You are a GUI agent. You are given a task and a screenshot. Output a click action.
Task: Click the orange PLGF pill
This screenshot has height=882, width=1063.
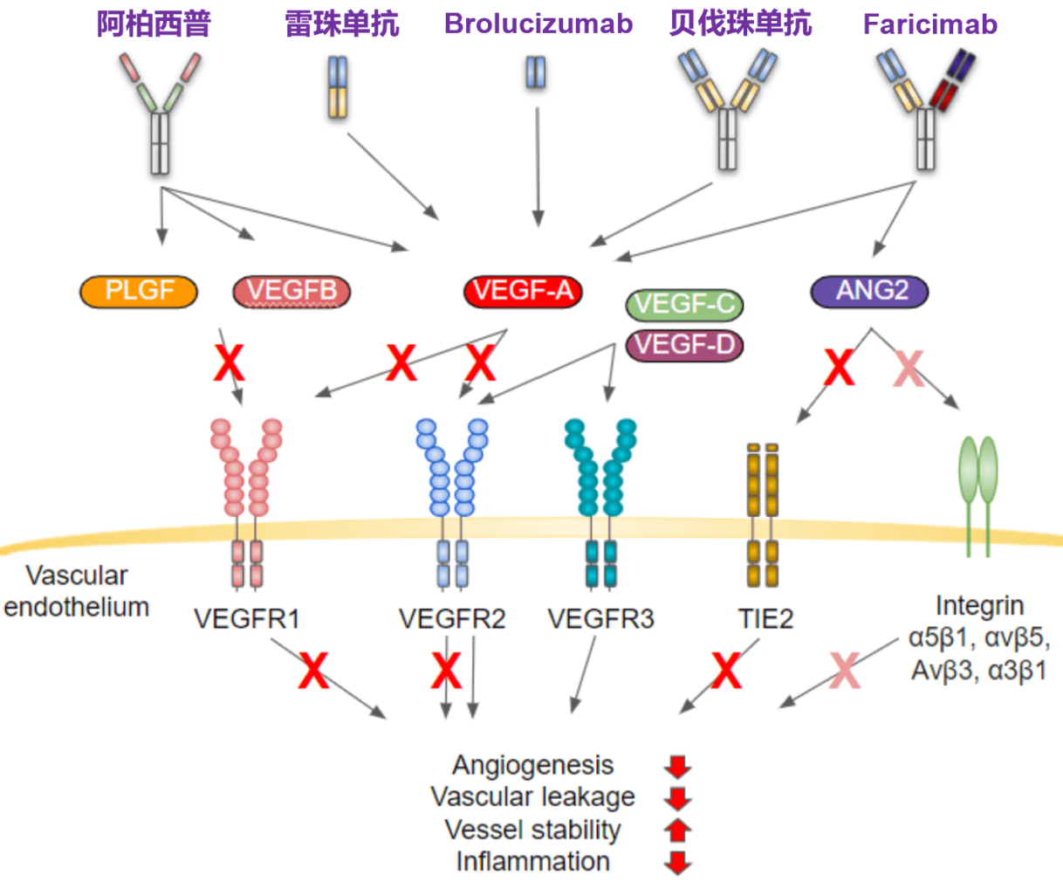139,292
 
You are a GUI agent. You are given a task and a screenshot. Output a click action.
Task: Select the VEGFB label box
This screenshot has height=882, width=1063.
291,292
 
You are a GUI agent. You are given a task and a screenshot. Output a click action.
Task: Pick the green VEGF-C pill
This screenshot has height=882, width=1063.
685,305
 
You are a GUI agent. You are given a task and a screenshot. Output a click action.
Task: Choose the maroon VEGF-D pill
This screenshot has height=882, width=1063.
685,345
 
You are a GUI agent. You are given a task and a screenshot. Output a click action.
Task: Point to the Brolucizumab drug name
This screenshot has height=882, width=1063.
538,24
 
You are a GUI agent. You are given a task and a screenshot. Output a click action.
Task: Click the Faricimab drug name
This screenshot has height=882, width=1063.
929,24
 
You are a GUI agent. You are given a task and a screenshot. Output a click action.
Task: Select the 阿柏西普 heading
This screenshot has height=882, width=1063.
154,24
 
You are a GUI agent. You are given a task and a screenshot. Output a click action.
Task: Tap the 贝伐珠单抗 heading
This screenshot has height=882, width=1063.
740,24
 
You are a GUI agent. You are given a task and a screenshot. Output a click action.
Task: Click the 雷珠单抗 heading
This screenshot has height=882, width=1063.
342,24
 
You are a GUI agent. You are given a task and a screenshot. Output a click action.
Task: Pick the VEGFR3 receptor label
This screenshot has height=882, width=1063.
600,619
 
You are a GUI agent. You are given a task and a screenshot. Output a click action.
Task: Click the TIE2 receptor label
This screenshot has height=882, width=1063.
765,619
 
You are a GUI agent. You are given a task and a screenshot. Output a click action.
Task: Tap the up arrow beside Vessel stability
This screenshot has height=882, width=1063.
678,830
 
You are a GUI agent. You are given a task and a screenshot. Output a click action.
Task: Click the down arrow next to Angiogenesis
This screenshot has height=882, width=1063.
678,767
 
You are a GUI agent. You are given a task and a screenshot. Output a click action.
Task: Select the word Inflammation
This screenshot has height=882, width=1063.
532,861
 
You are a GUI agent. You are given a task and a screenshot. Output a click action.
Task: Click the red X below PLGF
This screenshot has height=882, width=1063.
230,362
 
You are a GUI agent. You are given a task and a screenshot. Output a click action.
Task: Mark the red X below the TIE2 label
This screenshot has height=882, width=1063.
726,671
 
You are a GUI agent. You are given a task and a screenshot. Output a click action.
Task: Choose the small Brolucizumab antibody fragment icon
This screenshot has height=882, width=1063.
536,72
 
